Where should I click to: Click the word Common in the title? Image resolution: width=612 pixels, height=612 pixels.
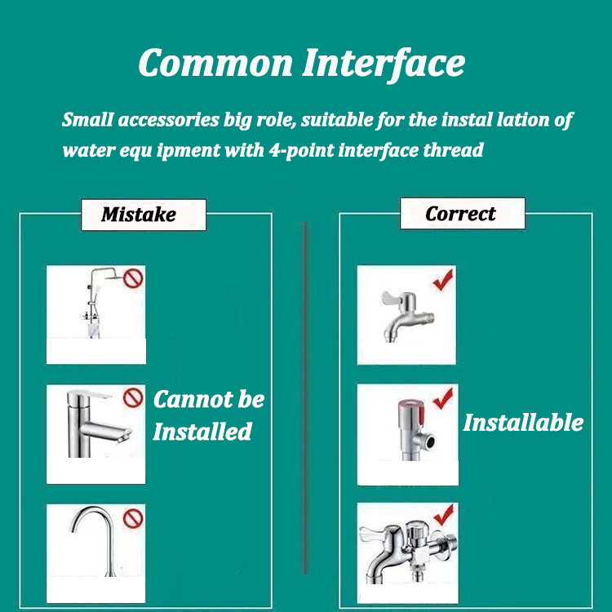215,63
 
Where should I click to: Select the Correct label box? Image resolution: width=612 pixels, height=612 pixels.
462,214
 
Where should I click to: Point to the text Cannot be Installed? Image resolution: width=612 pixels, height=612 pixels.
208,415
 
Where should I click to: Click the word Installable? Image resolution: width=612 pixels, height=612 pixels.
523,423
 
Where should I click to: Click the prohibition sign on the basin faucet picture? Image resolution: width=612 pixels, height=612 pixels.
133,398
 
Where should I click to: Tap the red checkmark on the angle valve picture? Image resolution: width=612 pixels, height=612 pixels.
443,399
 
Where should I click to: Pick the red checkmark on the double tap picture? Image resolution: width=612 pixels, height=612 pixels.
443,516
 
